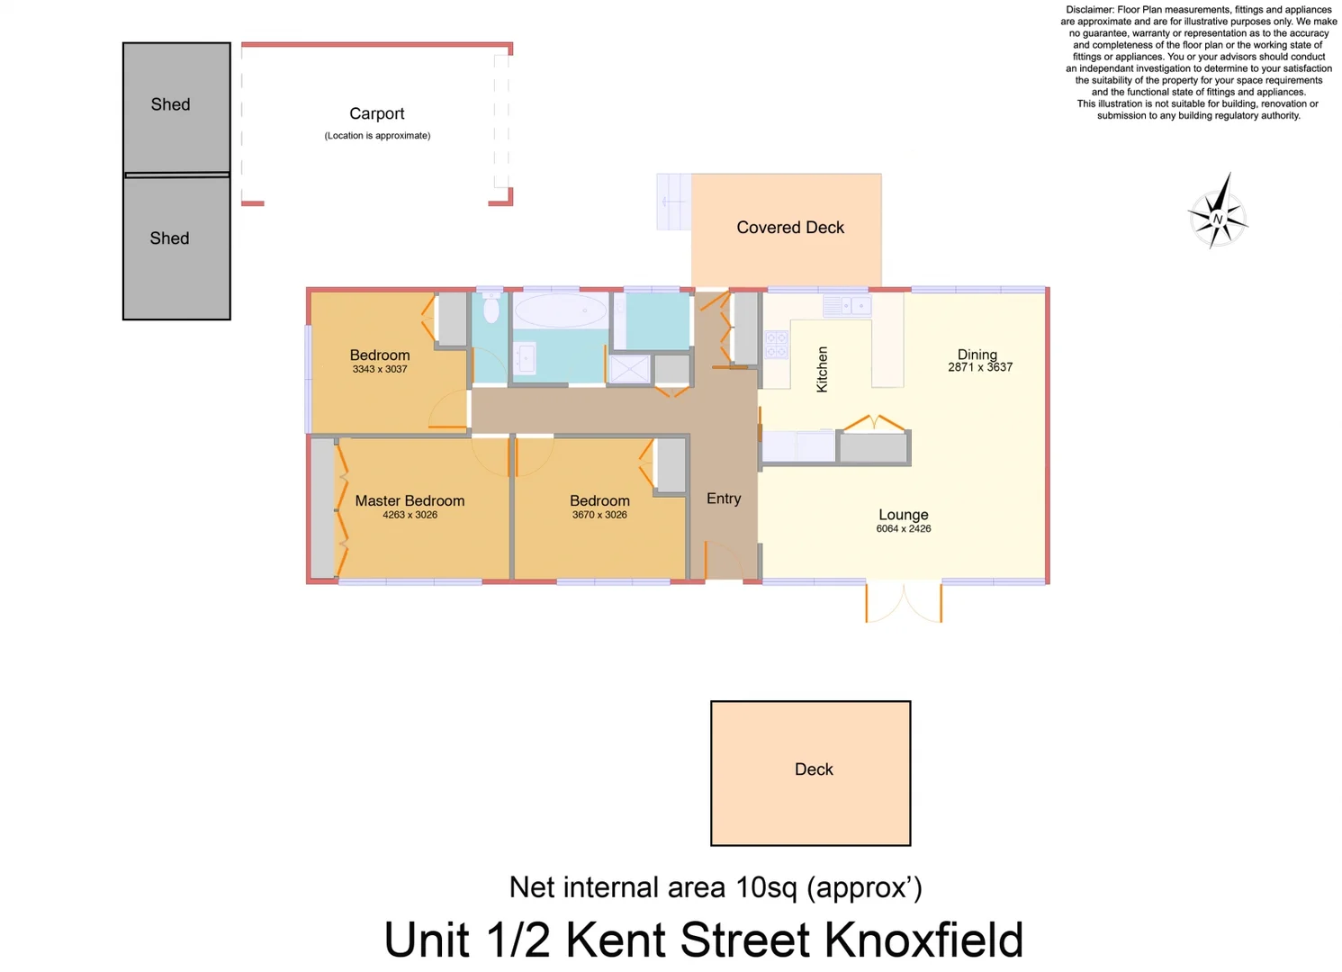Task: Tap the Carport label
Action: (376, 113)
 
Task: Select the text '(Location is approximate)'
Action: (377, 136)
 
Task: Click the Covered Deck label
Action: (790, 228)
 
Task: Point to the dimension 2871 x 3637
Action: (980, 367)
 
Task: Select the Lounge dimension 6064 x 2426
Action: (903, 528)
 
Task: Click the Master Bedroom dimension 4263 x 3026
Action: (410, 515)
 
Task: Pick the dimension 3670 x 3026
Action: (599, 515)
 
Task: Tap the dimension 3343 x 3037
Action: (380, 369)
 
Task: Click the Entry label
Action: (724, 499)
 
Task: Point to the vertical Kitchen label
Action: (822, 369)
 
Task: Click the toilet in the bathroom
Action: (491, 308)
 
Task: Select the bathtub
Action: (560, 311)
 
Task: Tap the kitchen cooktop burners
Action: (776, 345)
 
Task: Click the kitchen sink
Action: (847, 307)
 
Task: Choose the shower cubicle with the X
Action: (629, 369)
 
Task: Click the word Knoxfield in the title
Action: (923, 940)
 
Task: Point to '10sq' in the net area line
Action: (766, 887)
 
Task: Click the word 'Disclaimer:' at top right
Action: (1089, 10)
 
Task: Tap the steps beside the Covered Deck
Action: (673, 202)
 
